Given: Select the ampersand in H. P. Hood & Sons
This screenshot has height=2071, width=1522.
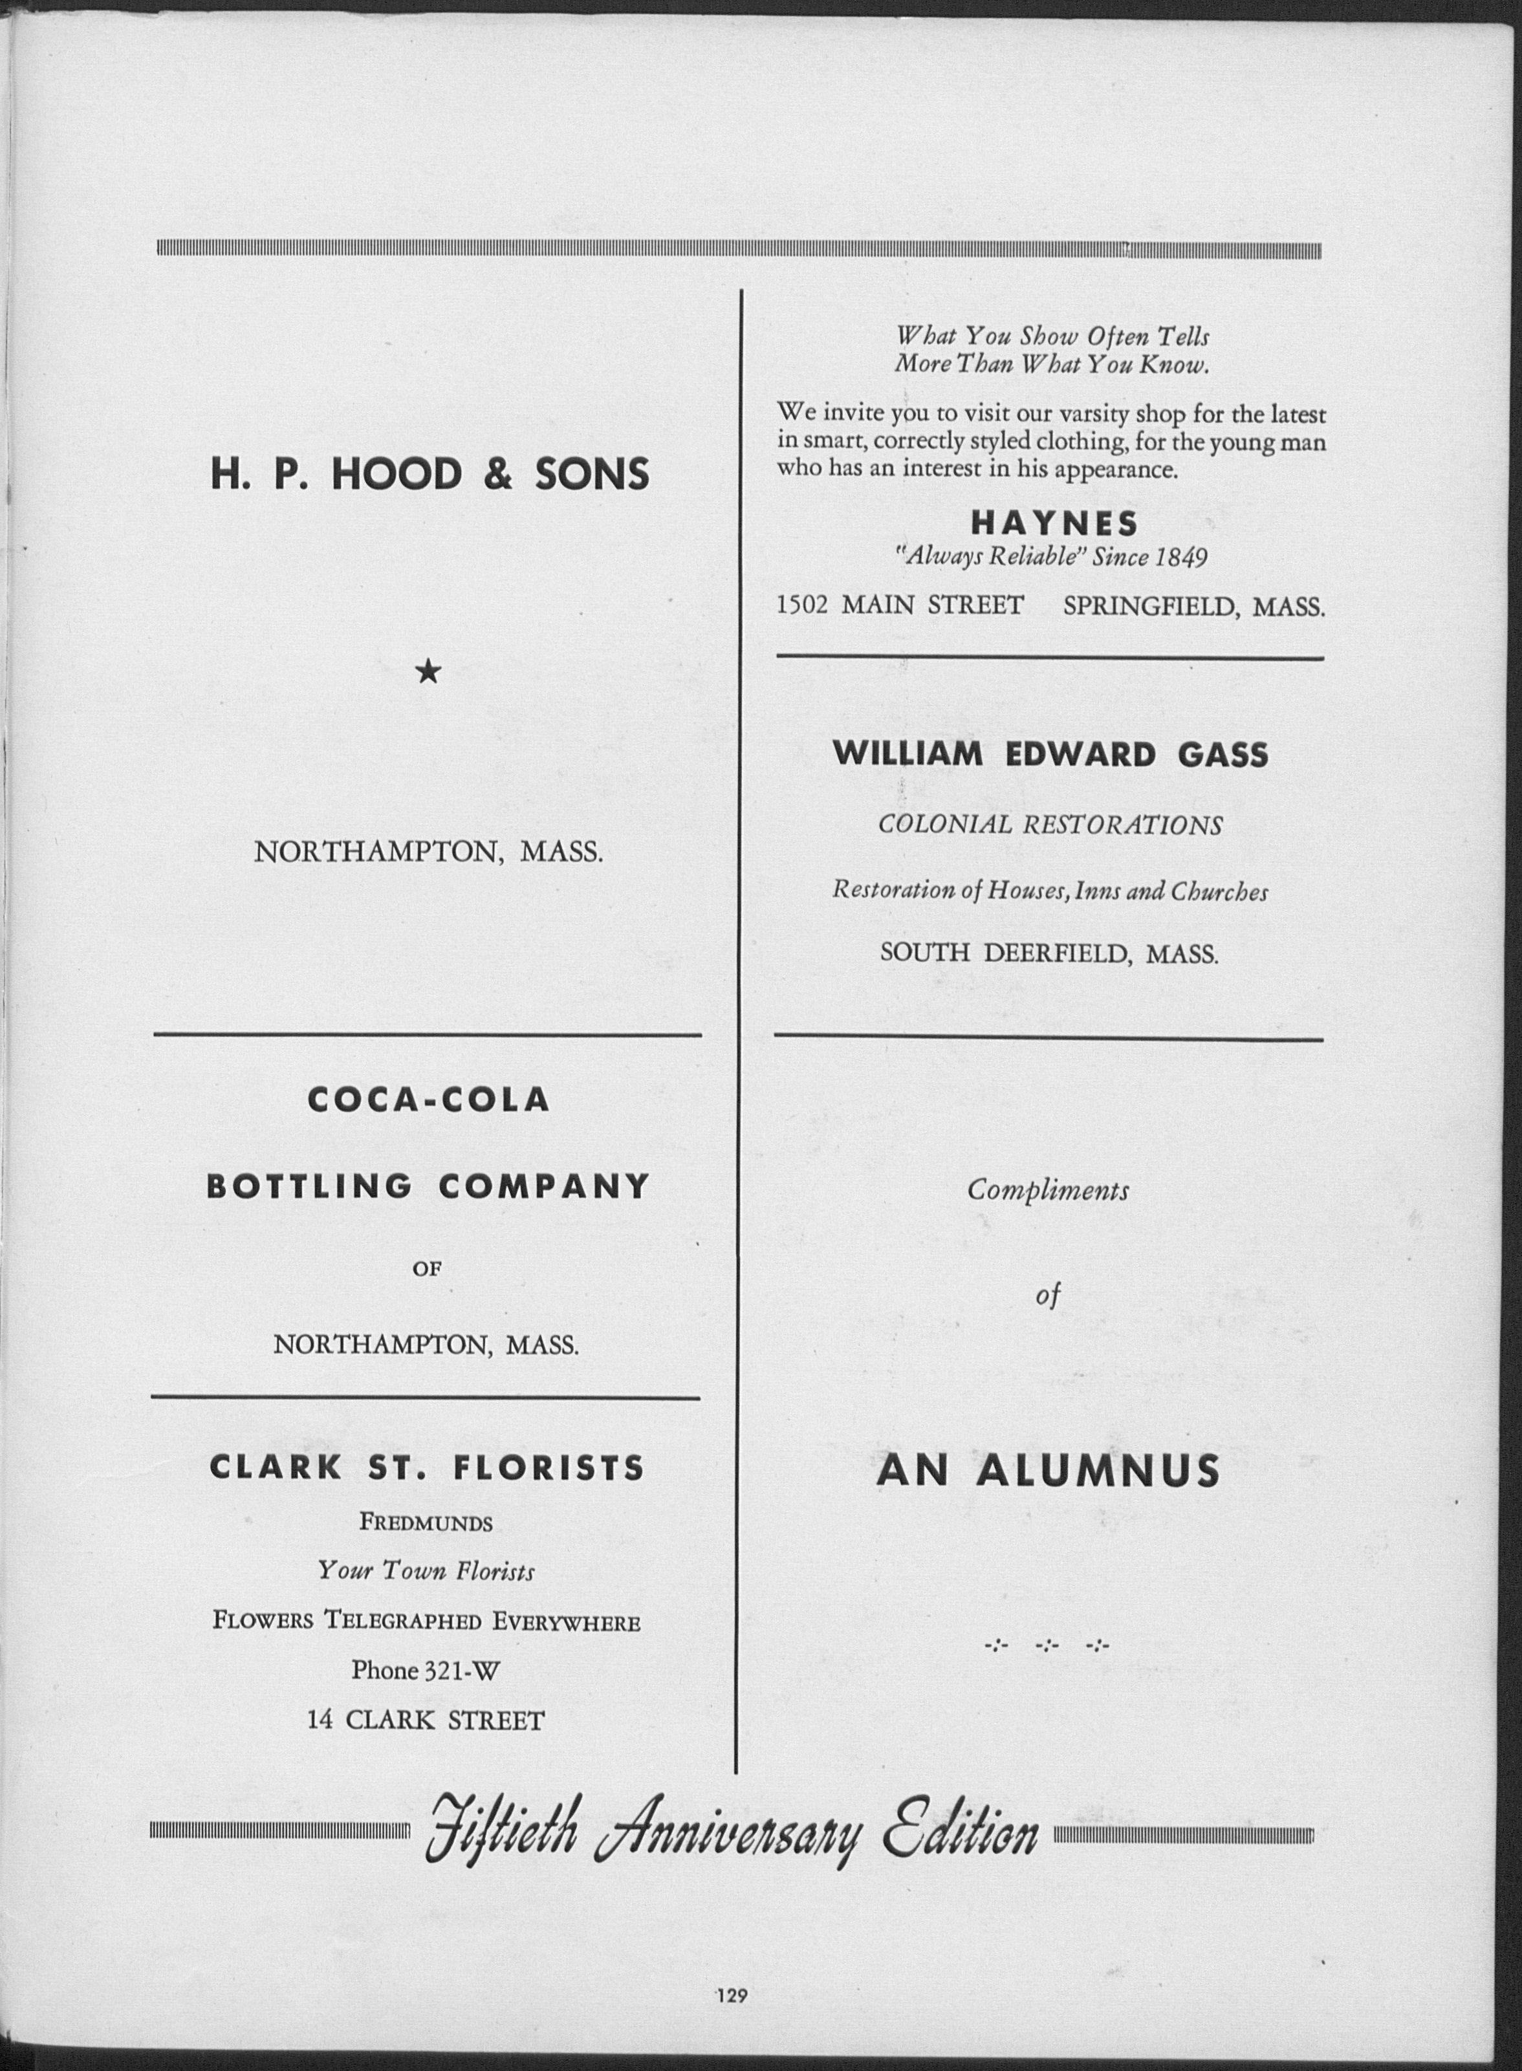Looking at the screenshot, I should [x=497, y=475].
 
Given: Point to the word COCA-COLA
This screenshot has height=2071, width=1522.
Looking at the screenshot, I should [x=428, y=1099].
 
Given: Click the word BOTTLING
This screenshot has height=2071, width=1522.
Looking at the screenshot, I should [x=310, y=1186].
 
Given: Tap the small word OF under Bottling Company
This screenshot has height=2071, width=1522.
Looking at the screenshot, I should [x=428, y=1268].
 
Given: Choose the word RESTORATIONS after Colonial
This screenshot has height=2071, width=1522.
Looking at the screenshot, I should [x=1123, y=825].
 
